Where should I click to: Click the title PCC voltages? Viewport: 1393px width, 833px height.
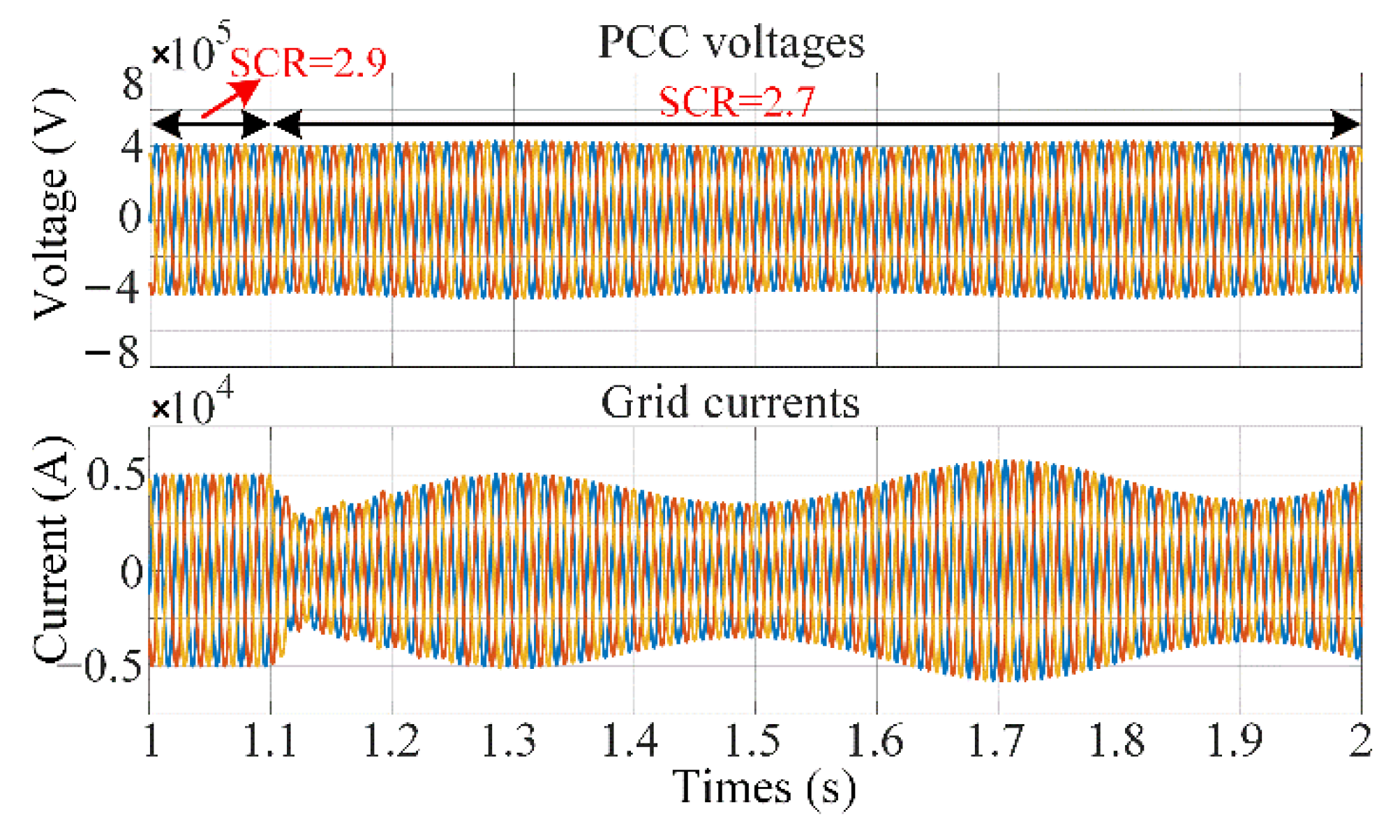click(x=731, y=43)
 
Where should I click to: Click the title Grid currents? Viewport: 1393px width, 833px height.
click(x=730, y=404)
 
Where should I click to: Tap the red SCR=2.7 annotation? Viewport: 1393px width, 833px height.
click(x=737, y=103)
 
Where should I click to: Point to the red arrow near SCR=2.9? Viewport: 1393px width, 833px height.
click(x=230, y=99)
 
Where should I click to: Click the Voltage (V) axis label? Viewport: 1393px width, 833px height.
click(x=53, y=204)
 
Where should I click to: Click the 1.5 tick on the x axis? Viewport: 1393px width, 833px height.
click(x=754, y=741)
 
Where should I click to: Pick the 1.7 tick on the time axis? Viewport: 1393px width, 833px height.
click(x=997, y=741)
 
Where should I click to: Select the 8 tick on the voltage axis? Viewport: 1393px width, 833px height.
click(x=132, y=85)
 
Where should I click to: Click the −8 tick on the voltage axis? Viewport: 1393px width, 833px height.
click(x=113, y=351)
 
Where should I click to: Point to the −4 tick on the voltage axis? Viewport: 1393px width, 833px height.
click(x=113, y=287)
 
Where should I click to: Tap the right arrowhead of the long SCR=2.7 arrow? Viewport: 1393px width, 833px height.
click(x=1346, y=125)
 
